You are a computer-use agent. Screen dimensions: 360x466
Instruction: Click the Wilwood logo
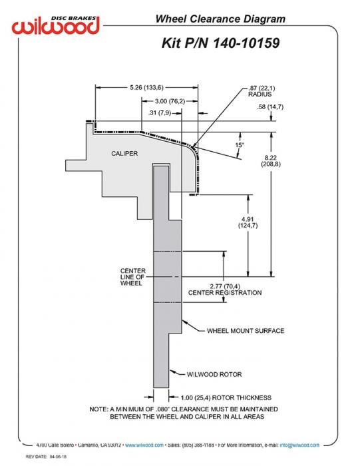55,25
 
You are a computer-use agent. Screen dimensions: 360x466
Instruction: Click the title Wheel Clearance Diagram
220,19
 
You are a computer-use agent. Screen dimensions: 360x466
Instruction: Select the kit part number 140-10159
246,43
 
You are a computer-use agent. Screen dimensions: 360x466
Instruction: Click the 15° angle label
240,145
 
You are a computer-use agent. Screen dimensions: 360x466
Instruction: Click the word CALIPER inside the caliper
124,154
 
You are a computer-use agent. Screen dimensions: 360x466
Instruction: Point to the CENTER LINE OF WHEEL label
133,277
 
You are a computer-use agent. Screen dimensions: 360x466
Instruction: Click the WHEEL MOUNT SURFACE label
246,331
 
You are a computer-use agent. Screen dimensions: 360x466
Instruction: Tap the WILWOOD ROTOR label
214,374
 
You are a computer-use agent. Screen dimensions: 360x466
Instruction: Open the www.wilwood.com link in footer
144,445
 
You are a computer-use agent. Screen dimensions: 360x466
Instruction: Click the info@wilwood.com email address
299,445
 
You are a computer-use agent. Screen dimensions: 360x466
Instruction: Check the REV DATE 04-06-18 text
46,457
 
